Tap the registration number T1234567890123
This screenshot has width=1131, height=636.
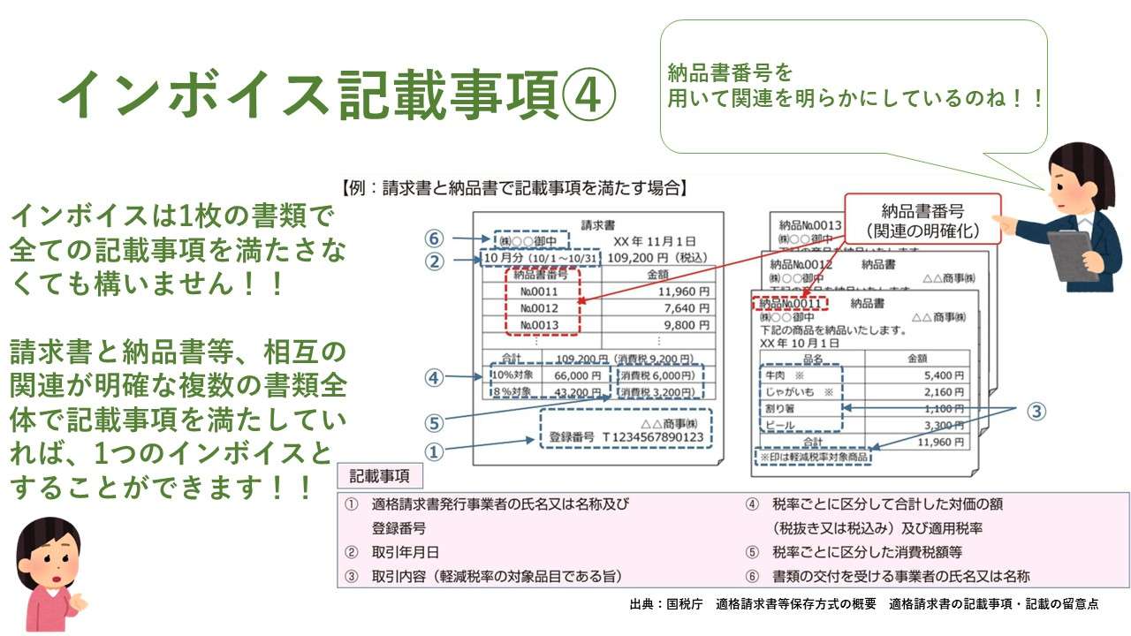click(652, 437)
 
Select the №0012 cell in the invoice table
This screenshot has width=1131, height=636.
click(539, 307)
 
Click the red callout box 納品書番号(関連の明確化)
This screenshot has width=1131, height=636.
click(922, 222)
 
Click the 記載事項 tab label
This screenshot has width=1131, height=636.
click(380, 476)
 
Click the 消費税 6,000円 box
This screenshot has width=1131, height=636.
click(657, 375)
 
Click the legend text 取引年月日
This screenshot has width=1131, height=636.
click(406, 552)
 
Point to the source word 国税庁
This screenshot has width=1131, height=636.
click(685, 604)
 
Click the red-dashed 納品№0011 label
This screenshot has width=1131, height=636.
click(791, 304)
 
